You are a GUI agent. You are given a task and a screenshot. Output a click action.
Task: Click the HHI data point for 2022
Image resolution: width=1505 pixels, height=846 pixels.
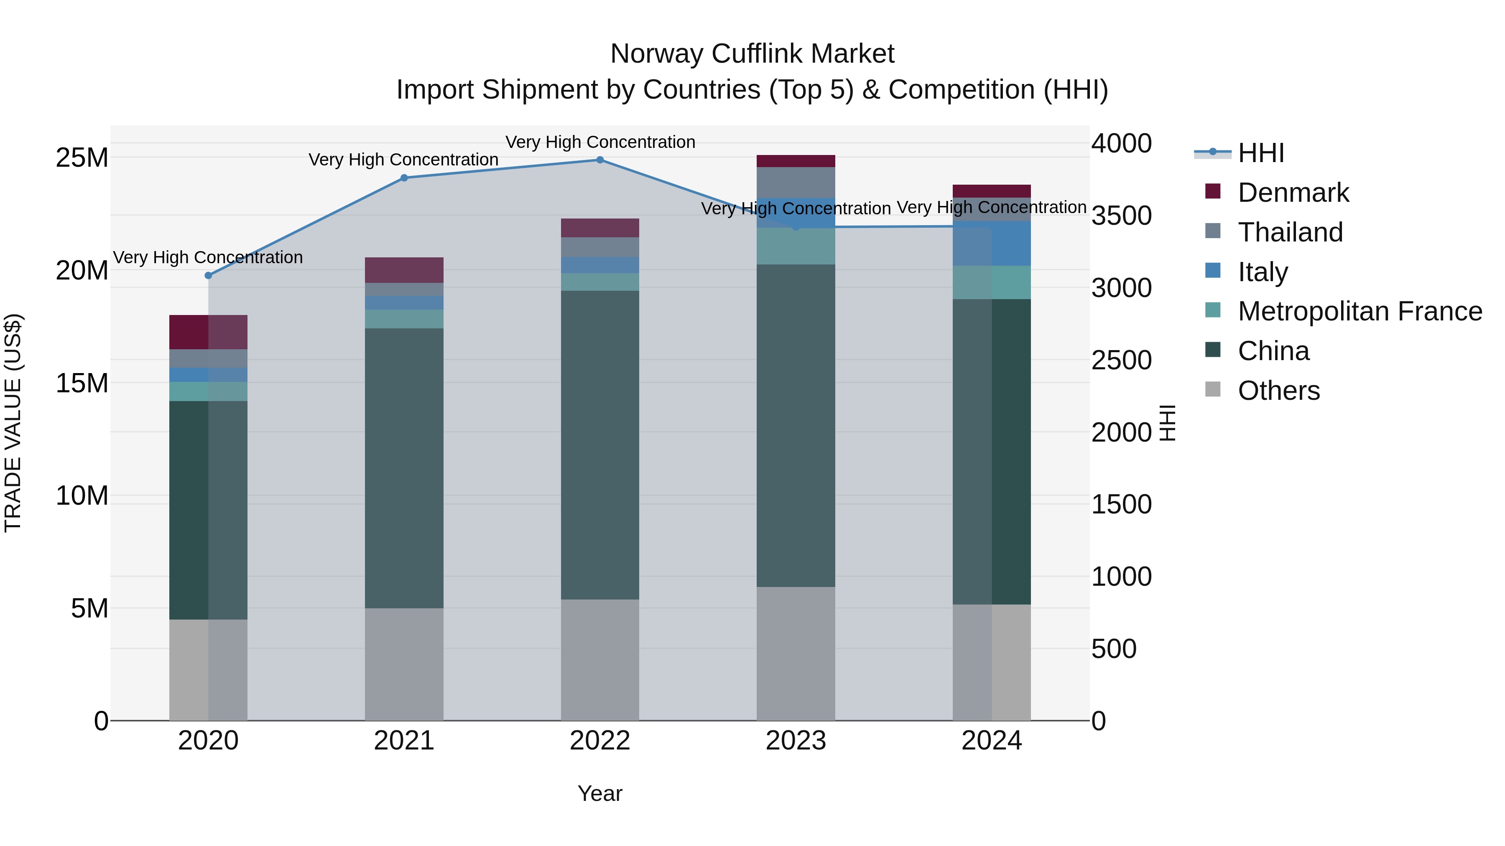point(600,160)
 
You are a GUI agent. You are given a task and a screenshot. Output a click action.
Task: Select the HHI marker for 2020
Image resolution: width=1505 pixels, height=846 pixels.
point(209,276)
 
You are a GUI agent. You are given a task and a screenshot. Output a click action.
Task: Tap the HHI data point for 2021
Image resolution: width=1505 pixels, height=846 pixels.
point(404,178)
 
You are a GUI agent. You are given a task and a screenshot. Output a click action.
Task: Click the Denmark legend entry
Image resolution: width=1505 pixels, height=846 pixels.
point(1293,193)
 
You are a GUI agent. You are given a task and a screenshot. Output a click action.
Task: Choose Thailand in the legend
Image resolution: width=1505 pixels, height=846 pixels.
point(1290,232)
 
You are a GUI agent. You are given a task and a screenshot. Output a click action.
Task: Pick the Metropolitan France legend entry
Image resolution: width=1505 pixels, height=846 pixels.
point(1360,312)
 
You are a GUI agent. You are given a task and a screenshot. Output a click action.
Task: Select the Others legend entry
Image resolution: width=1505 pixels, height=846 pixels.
point(1278,391)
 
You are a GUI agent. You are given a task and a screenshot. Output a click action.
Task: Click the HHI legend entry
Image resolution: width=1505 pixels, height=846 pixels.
point(1261,153)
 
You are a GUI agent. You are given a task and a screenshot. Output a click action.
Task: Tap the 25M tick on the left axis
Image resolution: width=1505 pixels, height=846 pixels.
point(82,158)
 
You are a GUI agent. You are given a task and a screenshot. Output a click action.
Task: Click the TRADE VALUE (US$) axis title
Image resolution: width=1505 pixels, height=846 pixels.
point(13,423)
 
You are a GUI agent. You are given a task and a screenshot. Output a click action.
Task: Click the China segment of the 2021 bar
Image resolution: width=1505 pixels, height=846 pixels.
point(404,468)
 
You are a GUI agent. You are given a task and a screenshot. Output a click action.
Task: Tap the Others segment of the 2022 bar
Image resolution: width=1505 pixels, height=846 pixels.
point(600,660)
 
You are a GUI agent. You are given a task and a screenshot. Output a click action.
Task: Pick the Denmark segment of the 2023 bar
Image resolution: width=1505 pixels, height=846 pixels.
point(796,161)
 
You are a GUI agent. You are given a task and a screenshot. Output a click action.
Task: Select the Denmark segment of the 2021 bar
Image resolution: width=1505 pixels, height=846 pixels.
point(404,270)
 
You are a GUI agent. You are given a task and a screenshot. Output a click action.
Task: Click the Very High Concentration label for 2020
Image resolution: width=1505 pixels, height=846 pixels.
point(208,257)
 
